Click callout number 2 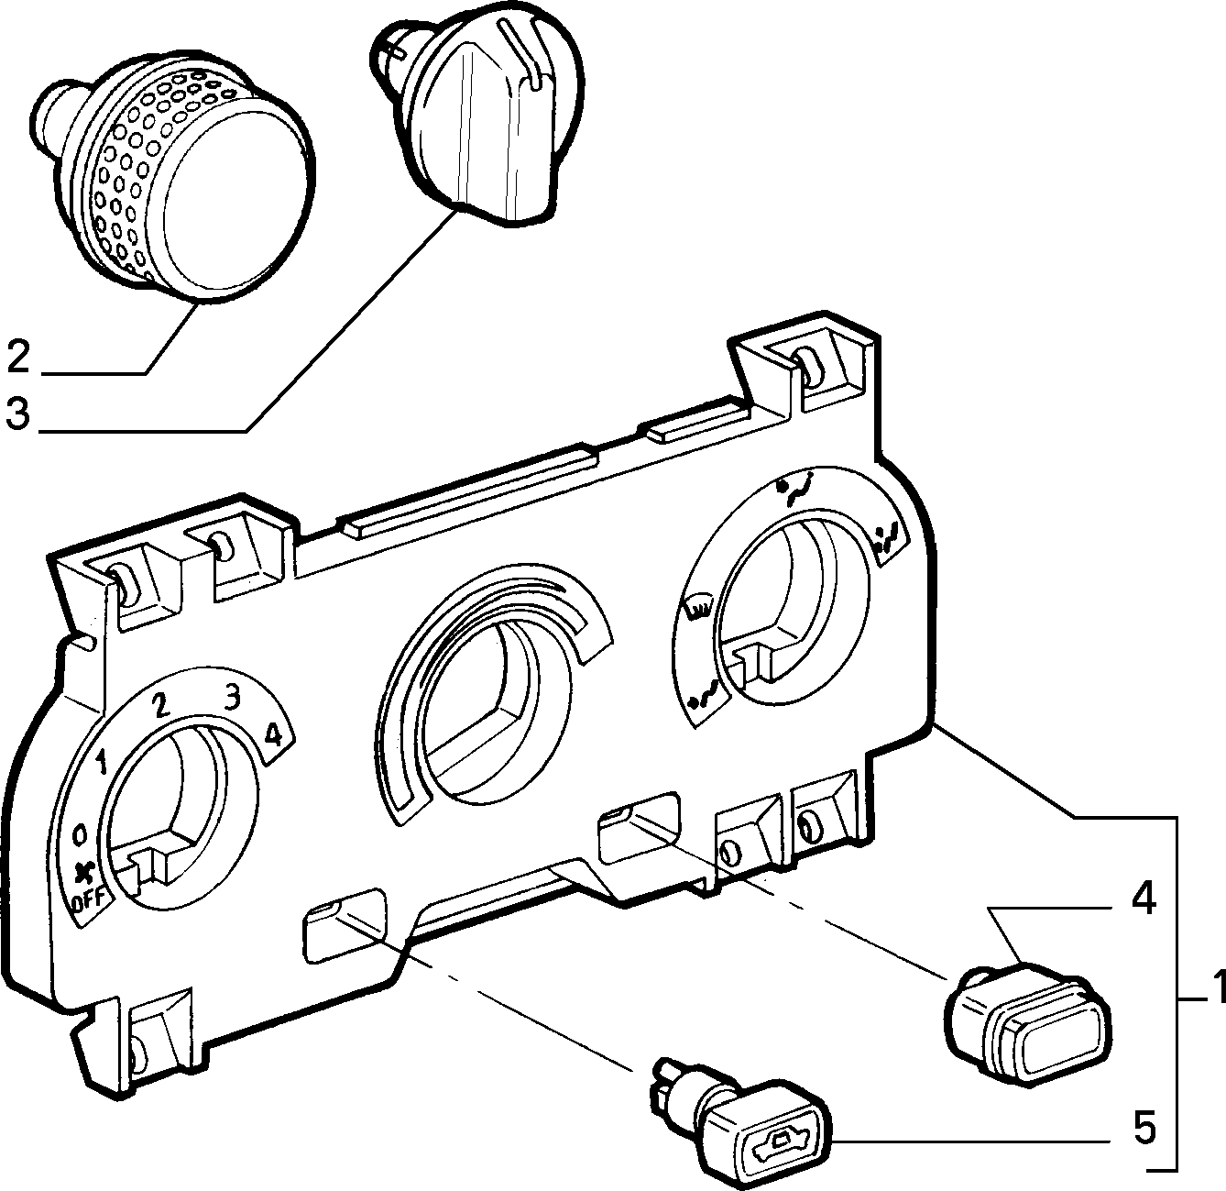pos(18,357)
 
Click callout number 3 pos(18,413)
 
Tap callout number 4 pos(1144,899)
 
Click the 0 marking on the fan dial pos(80,837)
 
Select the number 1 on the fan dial pos(100,762)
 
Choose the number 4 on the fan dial pos(273,735)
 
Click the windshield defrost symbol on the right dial pos(698,609)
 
